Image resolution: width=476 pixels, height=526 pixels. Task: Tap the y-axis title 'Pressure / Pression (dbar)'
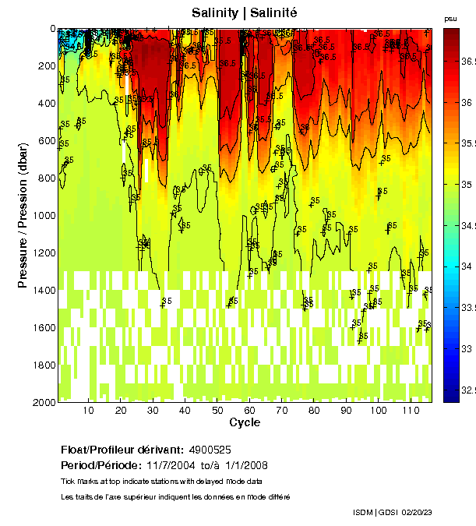[23, 215]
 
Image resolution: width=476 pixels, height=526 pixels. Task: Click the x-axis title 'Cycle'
[245, 422]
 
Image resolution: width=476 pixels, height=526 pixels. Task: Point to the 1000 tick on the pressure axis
[43, 215]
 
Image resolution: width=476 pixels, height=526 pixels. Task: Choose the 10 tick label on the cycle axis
[88, 410]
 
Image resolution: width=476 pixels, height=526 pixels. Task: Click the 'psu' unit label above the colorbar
[450, 18]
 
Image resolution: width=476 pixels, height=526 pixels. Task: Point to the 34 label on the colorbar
[467, 266]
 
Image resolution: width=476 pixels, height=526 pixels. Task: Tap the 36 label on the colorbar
[467, 102]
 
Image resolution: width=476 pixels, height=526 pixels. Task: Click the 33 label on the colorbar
[467, 348]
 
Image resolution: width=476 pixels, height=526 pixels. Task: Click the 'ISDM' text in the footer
[364, 512]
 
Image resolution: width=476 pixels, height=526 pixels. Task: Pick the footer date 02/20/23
[416, 512]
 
